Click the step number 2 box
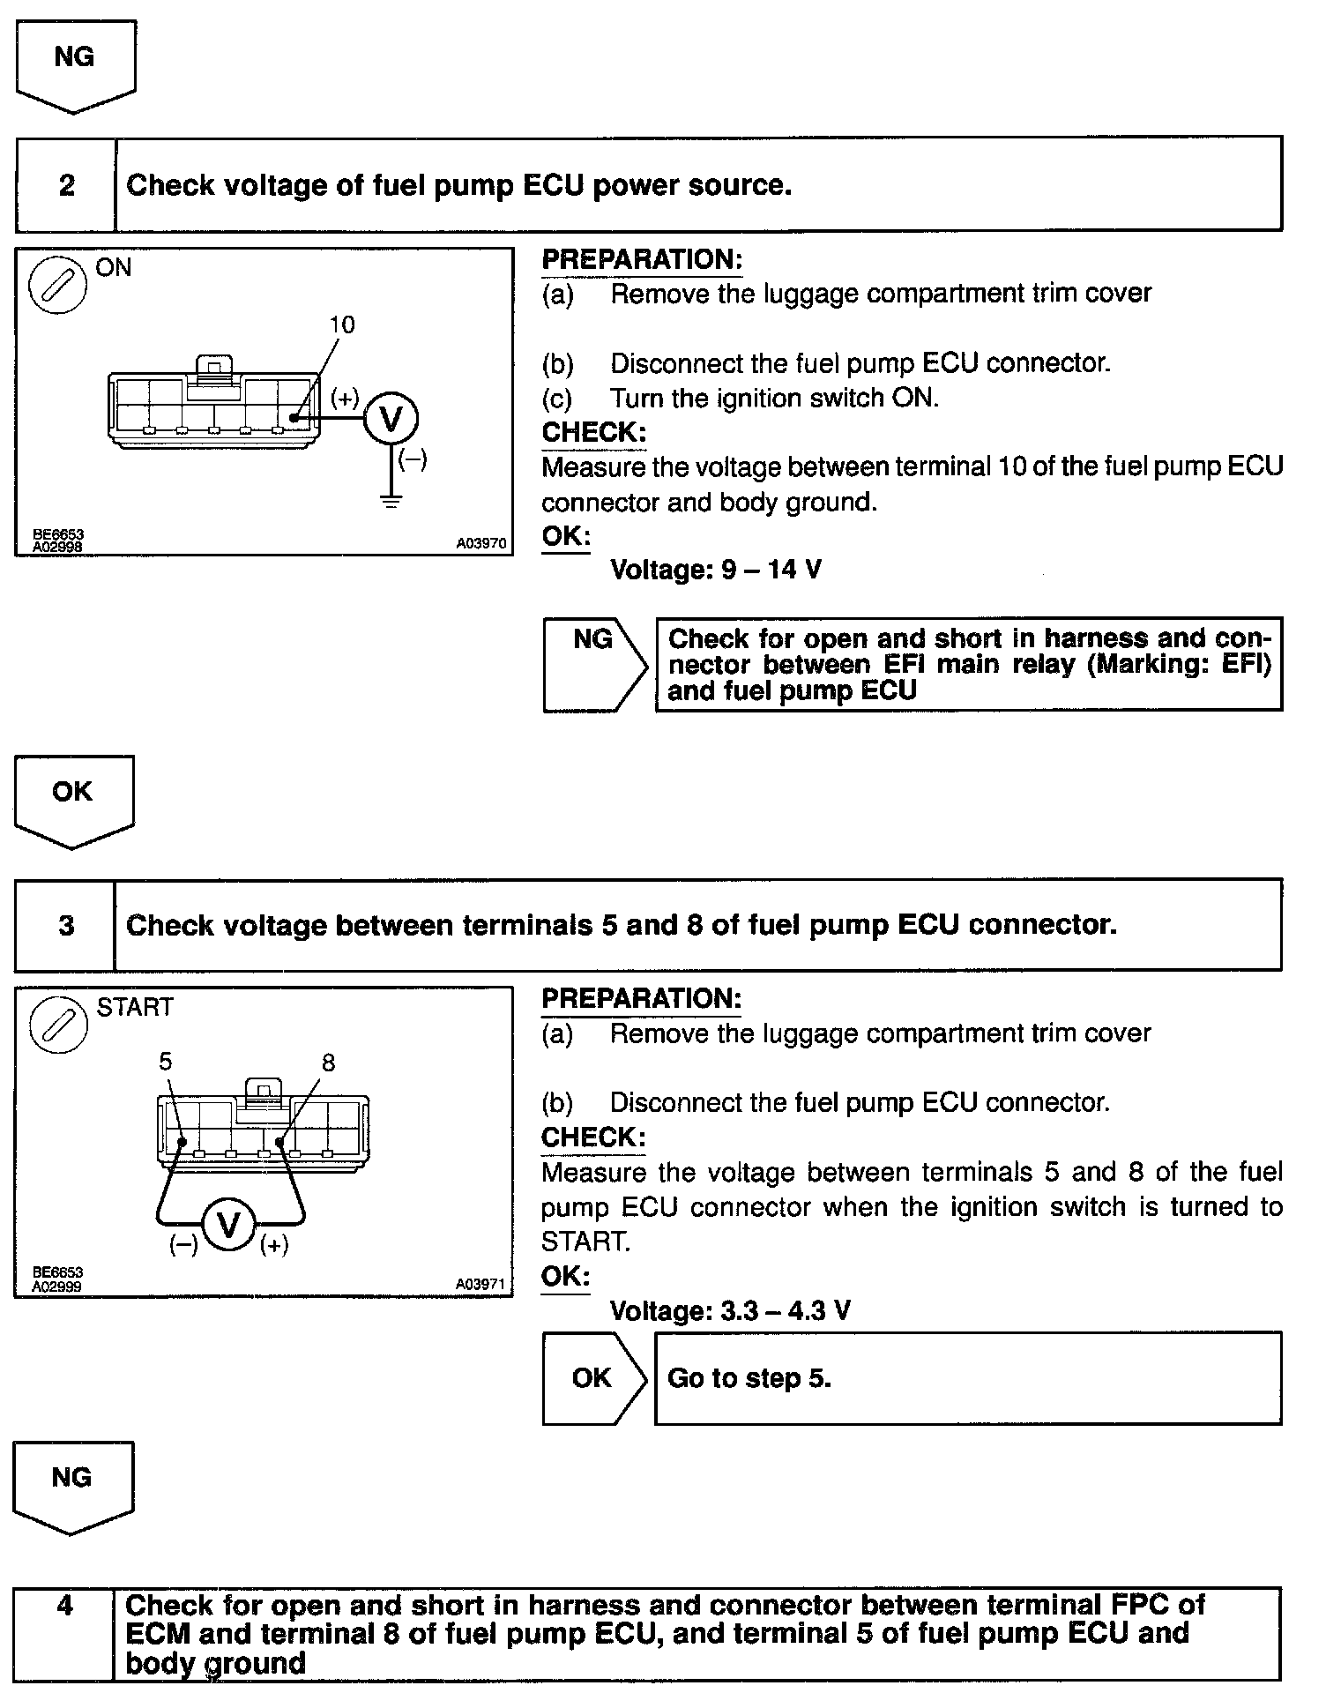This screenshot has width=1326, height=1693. [66, 185]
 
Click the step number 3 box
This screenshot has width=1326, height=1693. [66, 925]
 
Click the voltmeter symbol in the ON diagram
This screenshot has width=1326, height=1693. [391, 418]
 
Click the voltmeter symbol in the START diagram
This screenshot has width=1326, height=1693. [229, 1225]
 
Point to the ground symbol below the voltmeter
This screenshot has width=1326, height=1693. [391, 502]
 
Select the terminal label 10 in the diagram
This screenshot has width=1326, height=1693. [341, 324]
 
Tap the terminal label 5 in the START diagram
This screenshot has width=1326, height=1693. [166, 1061]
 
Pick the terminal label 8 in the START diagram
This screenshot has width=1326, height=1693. [328, 1063]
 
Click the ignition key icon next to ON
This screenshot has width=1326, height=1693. [57, 287]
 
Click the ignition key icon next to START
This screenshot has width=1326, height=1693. [58, 1026]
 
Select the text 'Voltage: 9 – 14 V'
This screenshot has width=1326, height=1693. [715, 570]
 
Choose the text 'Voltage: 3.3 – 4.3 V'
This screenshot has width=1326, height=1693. [729, 1310]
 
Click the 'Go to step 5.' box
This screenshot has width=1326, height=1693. [967, 1378]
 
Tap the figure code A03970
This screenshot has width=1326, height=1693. [481, 544]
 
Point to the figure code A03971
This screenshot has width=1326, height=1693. [480, 1285]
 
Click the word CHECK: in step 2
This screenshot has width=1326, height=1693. [593, 432]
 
